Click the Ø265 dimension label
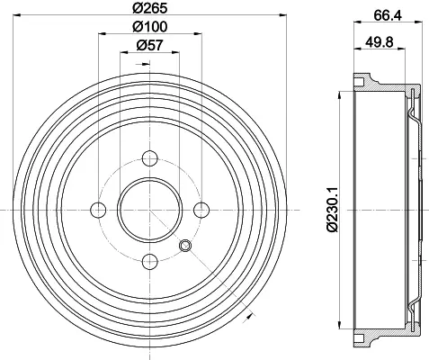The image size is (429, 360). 149,8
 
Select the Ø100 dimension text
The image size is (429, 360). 149,27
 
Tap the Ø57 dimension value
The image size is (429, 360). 149,46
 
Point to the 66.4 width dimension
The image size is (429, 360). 388,15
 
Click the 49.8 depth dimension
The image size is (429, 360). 379,42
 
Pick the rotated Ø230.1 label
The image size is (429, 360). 333,210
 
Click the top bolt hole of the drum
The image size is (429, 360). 150,158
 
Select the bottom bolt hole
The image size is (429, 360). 150,262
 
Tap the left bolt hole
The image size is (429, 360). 98,210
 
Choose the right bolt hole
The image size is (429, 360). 201,210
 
